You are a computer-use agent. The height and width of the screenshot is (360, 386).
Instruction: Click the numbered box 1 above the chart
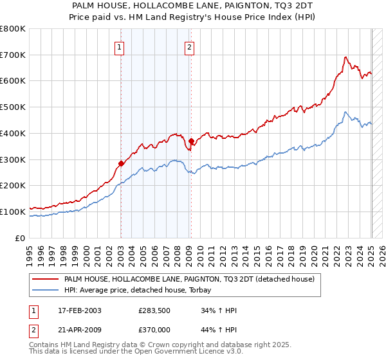point(120,46)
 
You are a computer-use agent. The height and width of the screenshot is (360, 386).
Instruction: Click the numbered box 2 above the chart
point(190,46)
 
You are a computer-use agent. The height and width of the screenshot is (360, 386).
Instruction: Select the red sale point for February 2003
point(121,163)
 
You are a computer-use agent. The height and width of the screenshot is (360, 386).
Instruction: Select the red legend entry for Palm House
point(189,279)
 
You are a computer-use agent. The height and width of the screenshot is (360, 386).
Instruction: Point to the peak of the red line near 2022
point(345,57)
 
